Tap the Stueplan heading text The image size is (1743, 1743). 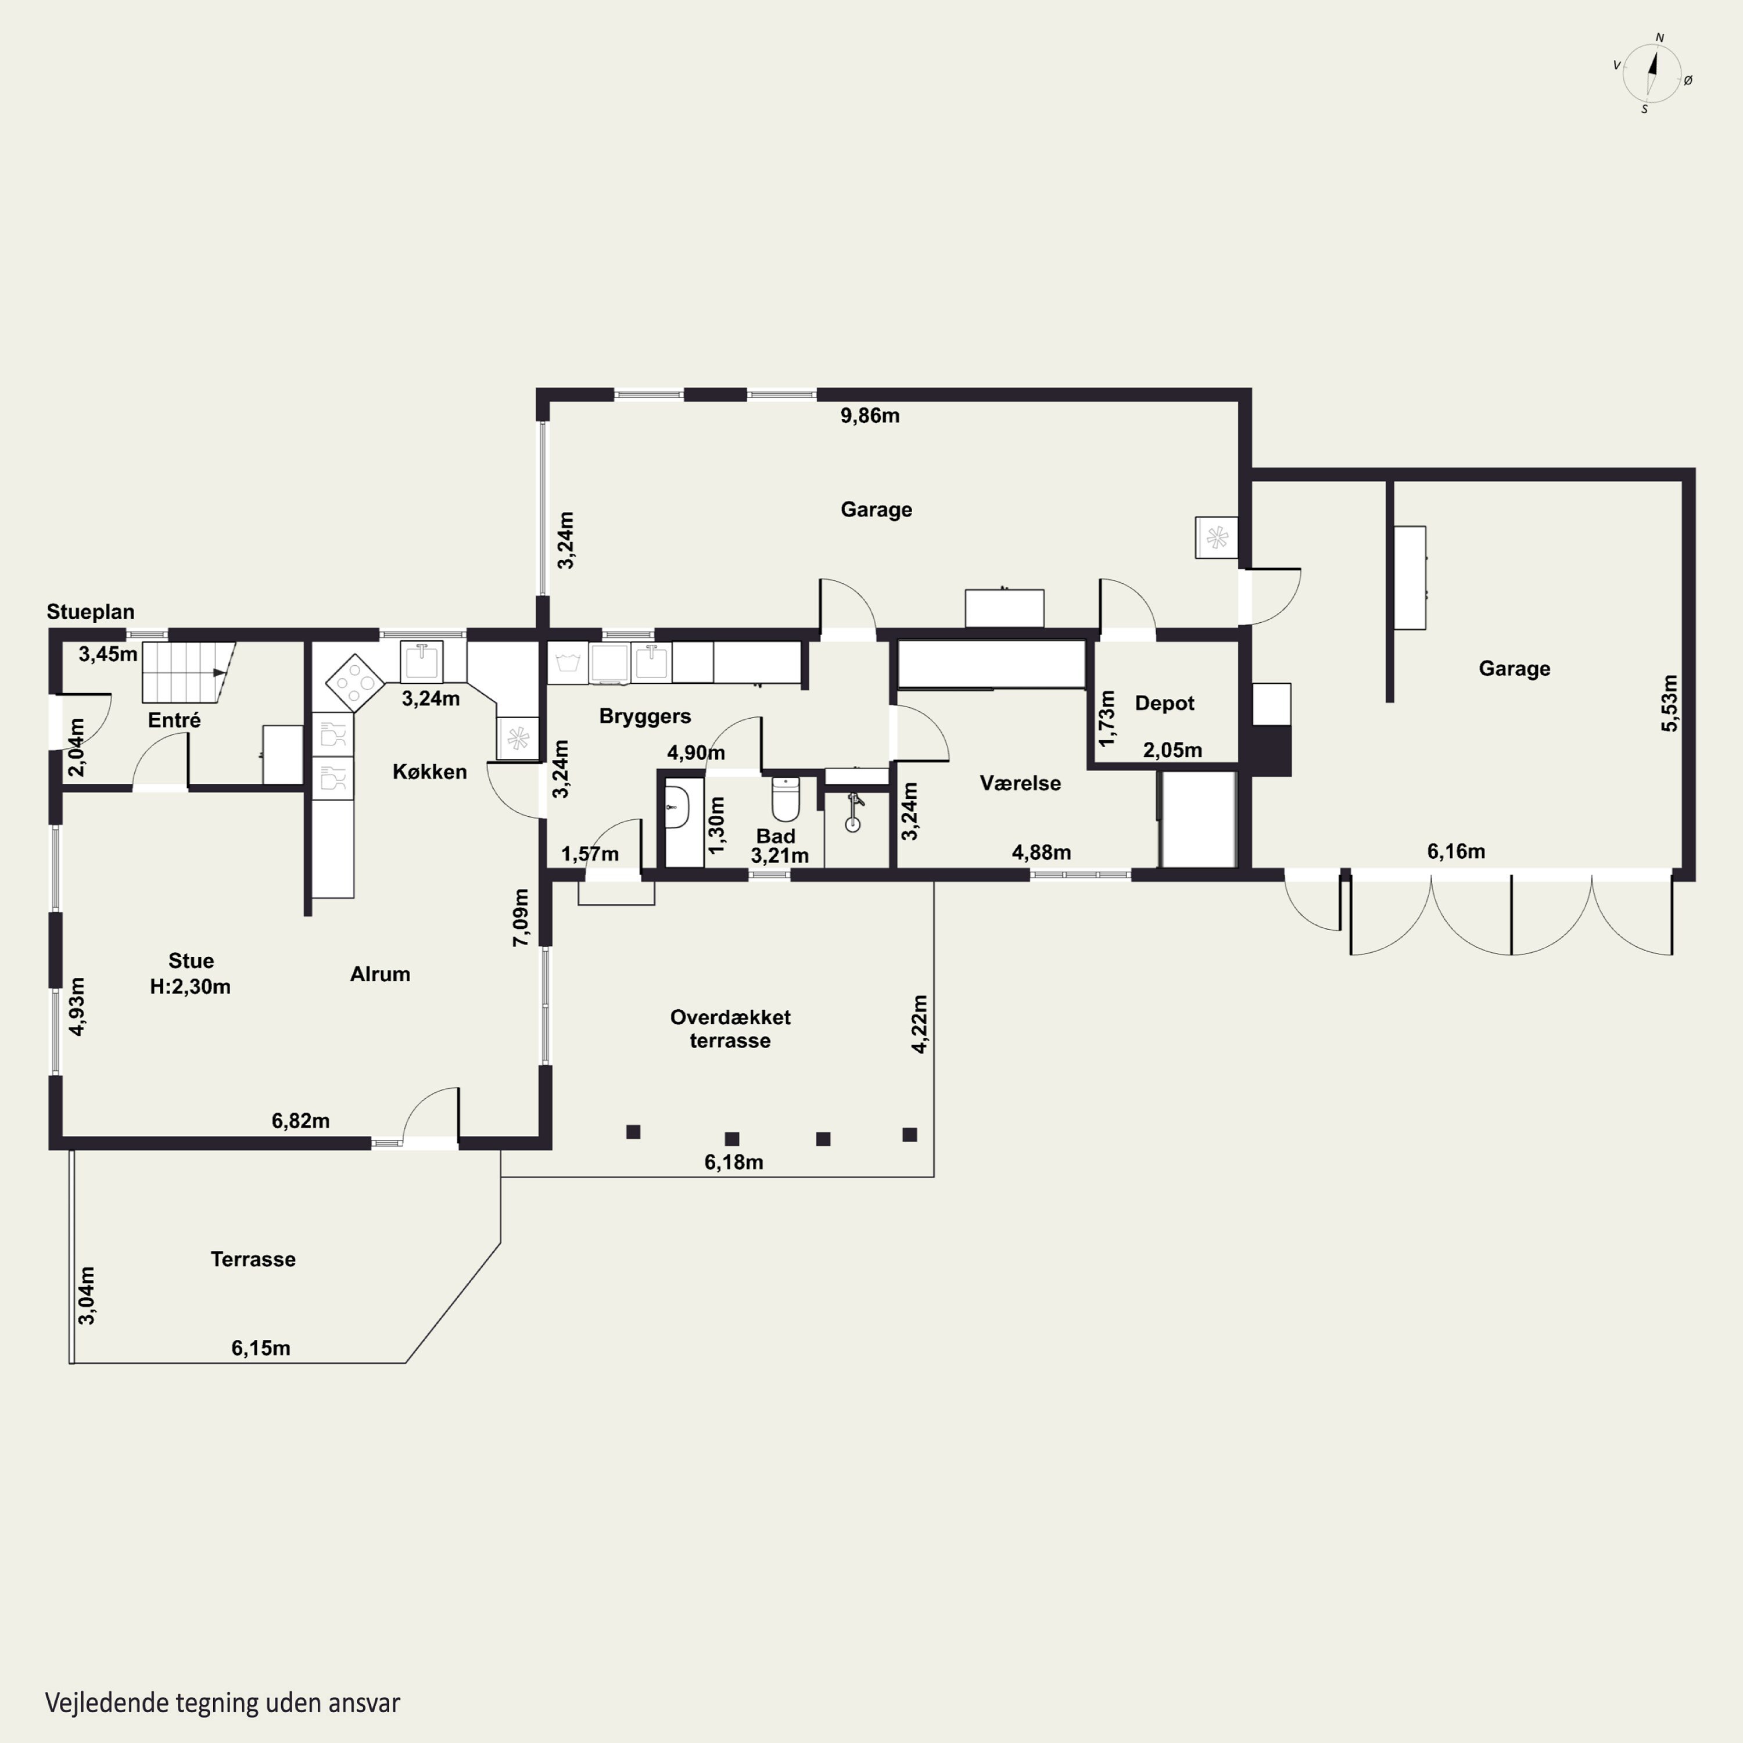click(x=90, y=612)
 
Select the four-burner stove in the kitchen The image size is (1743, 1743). click(x=354, y=683)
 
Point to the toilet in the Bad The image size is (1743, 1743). click(x=786, y=798)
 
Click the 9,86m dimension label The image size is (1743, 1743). click(x=870, y=416)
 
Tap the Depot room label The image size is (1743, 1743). click(x=1164, y=704)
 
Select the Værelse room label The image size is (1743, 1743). click(x=1020, y=783)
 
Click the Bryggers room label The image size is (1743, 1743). click(x=645, y=716)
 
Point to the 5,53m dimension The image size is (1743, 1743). click(x=1670, y=703)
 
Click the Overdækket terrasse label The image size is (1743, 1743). click(x=730, y=1028)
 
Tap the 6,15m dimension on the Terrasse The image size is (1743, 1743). click(x=261, y=1348)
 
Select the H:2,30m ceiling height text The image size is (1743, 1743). click(x=191, y=987)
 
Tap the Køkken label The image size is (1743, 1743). click(x=429, y=772)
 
